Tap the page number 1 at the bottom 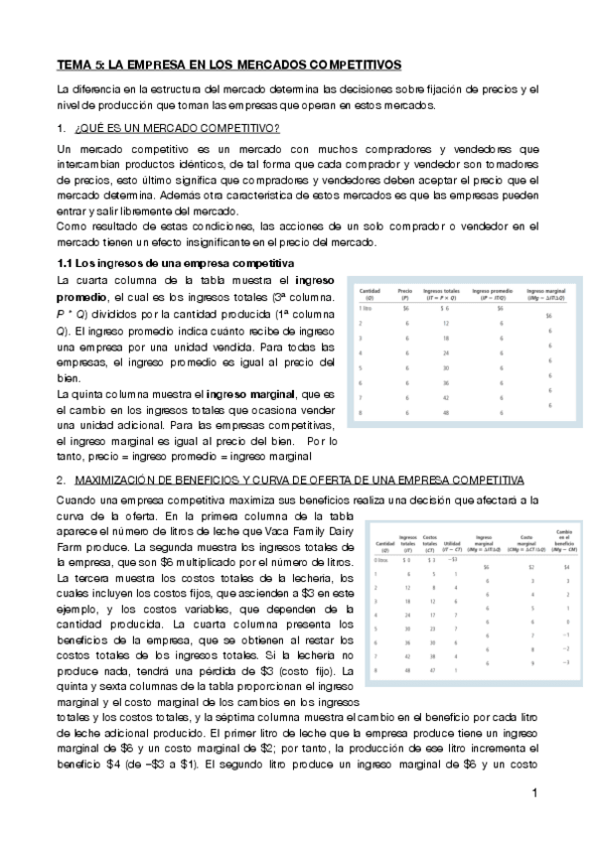(533, 793)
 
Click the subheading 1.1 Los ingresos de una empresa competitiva (172, 262)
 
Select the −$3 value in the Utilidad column (455, 560)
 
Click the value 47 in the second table (430, 671)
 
